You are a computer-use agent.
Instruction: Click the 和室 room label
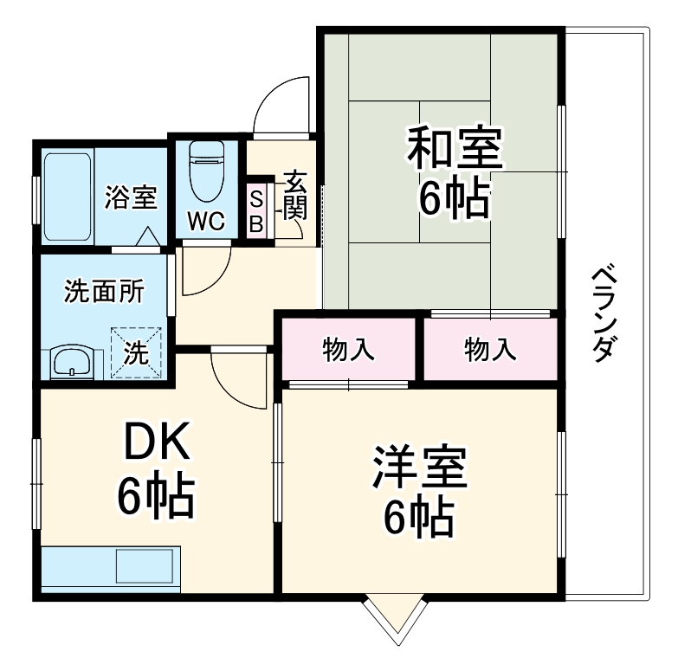pos(455,149)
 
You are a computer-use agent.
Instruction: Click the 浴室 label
pos(131,198)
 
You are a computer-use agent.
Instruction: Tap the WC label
pos(207,222)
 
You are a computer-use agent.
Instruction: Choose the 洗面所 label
pos(104,292)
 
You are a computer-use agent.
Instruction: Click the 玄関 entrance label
pos(295,198)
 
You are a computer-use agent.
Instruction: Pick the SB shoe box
pos(256,210)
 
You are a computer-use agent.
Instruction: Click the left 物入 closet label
pos(348,350)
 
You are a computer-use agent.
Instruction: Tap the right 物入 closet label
pos(490,350)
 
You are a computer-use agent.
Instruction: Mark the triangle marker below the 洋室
pos(397,617)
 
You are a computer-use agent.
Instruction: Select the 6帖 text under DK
pos(156,495)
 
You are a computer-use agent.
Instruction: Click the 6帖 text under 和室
pos(455,198)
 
